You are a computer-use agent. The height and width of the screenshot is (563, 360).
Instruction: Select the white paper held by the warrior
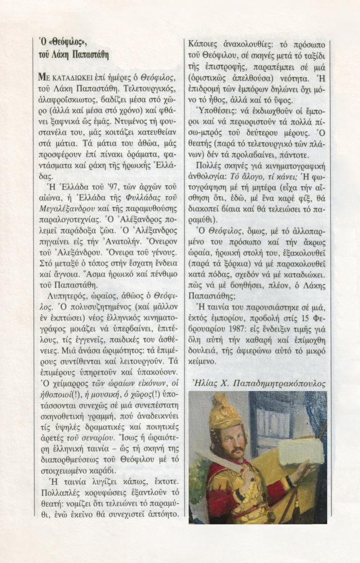pos(300,450)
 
